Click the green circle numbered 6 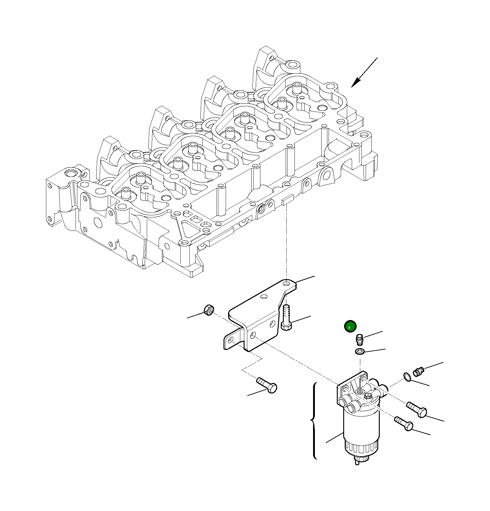[x=350, y=326]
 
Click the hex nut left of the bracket [x=209, y=310]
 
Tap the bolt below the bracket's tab [x=267, y=385]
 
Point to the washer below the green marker [x=360, y=351]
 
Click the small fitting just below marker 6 [x=359, y=339]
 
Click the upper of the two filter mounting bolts [x=417, y=409]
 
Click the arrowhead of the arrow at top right [x=355, y=83]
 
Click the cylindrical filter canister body [x=361, y=426]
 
